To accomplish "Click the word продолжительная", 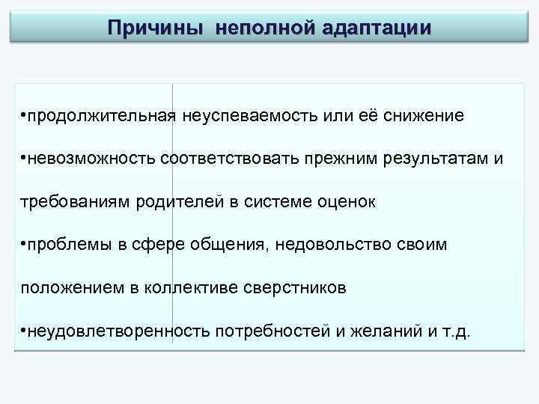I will [100, 117].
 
